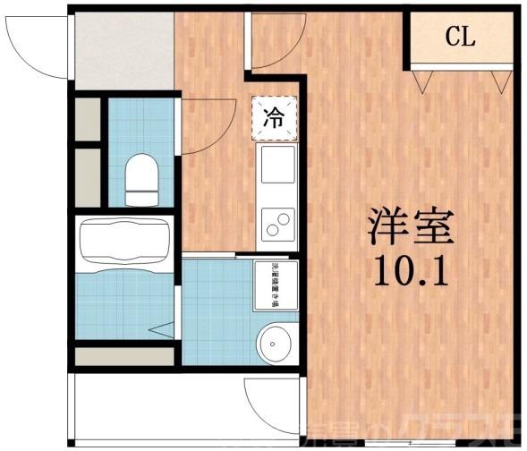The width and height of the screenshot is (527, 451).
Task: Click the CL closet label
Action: click(x=461, y=38)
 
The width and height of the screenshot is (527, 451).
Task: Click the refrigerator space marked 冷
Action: click(x=275, y=117)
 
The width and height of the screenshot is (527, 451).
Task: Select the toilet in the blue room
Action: click(x=140, y=180)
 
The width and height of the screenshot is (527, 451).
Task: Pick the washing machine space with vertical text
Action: click(x=276, y=285)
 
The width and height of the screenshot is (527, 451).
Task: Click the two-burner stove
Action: click(x=276, y=220)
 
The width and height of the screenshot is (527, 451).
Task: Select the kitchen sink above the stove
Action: click(x=276, y=165)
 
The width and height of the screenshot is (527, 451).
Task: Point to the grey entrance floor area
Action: click(x=123, y=50)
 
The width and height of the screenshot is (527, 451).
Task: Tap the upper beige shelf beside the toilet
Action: click(x=88, y=119)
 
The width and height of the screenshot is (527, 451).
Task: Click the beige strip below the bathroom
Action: click(x=124, y=356)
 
